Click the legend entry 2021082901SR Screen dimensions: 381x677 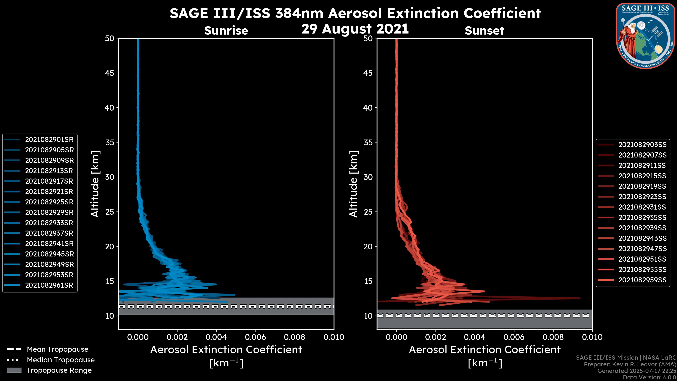pyautogui.click(x=49, y=140)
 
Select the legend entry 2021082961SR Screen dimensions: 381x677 pyautogui.click(x=49, y=285)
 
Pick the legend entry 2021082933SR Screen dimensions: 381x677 pyautogui.click(x=49, y=223)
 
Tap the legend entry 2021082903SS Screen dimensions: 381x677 pyautogui.click(x=642, y=145)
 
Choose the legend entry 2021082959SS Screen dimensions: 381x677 pyautogui.click(x=642, y=280)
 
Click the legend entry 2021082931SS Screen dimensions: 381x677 pyautogui.click(x=642, y=207)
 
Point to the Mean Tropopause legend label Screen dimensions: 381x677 pyautogui.click(x=57, y=349)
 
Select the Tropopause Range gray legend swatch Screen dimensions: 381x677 pyautogui.click(x=14, y=370)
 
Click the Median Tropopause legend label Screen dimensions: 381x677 pyautogui.click(x=61, y=360)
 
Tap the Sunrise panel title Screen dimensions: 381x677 pyautogui.click(x=226, y=31)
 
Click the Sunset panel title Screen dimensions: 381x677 pyautogui.click(x=484, y=31)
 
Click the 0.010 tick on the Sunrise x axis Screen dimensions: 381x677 pyautogui.click(x=334, y=337)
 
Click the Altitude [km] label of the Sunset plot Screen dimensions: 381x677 pyautogui.click(x=354, y=184)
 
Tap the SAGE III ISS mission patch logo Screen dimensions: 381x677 pyautogui.click(x=645, y=36)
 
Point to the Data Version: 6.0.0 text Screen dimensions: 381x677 pyautogui.click(x=650, y=378)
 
